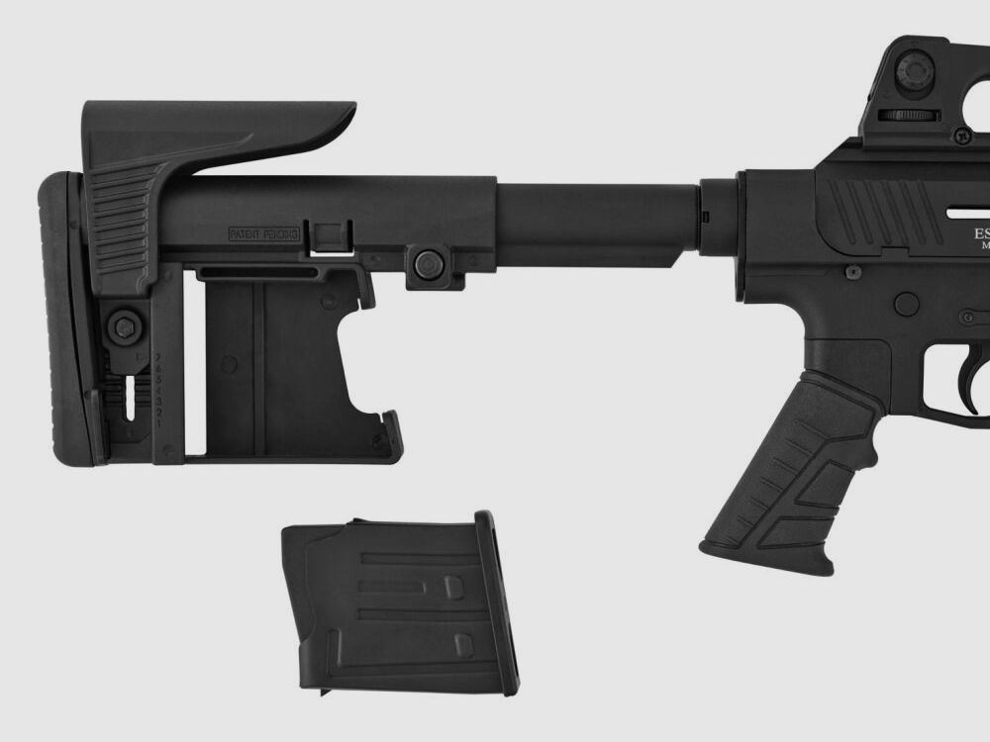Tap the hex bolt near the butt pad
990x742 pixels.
[x=124, y=327]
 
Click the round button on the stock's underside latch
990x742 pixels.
[x=428, y=263]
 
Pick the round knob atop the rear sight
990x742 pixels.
[x=913, y=70]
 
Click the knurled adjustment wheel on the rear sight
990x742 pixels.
[x=909, y=116]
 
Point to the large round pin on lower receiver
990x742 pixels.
[x=905, y=303]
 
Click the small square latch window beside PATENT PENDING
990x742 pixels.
[x=330, y=235]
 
